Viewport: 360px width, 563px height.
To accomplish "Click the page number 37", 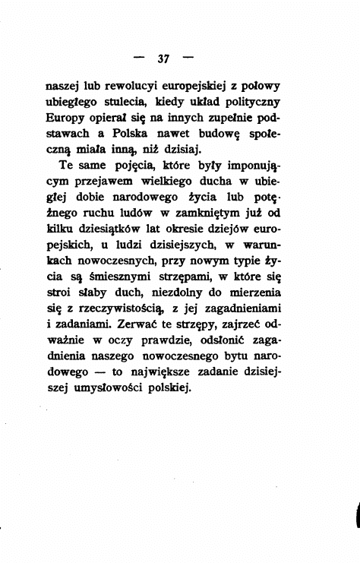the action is click(163, 59).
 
